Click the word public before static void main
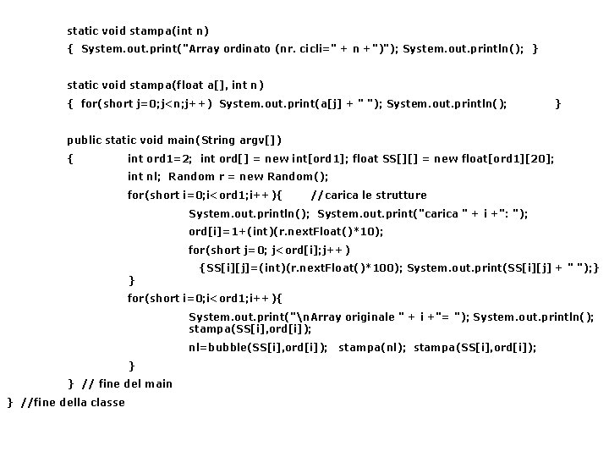(85, 140)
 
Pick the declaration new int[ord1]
(310, 158)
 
